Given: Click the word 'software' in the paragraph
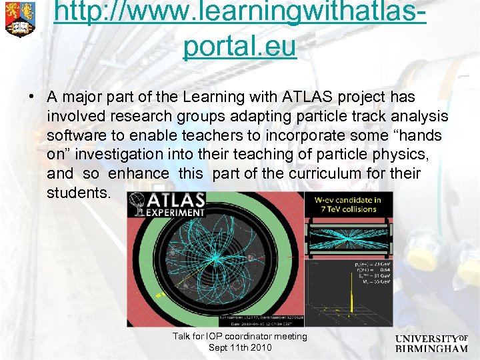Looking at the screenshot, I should (x=72, y=136).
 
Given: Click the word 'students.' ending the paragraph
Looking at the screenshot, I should (x=77, y=193).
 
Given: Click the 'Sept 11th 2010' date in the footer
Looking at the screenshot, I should (x=240, y=347).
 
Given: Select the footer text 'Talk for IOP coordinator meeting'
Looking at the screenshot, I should (x=240, y=337).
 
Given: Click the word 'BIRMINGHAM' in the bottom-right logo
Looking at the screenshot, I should (x=431, y=349).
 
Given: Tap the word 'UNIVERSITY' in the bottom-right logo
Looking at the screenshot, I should (x=426, y=339).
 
